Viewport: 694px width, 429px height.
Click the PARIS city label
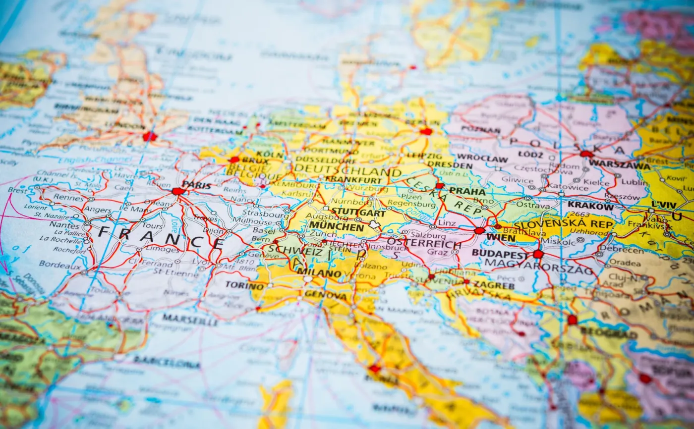[196, 185]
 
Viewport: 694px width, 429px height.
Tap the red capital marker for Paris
[177, 191]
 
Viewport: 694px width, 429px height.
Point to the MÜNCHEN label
[336, 226]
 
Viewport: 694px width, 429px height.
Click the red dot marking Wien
[479, 230]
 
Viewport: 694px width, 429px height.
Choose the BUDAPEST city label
[500, 253]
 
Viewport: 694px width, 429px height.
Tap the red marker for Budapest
[538, 254]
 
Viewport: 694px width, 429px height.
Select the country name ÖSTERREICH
[424, 244]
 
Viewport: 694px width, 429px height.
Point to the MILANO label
[319, 272]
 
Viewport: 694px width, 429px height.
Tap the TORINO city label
[244, 285]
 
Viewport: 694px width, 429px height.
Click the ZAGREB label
[493, 285]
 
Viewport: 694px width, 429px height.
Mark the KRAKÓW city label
[590, 205]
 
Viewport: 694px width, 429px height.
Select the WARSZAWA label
[619, 164]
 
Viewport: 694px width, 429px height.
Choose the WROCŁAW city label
[482, 159]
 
